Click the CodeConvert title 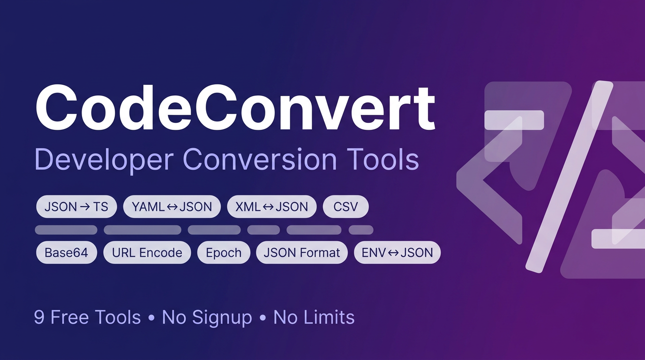(235, 109)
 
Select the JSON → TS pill (76, 207)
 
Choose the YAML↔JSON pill (172, 207)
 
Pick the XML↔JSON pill (271, 207)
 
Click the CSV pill (345, 207)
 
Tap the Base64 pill (66, 253)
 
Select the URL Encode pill (147, 253)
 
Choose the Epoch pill (224, 253)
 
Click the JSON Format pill (301, 253)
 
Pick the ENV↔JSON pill (397, 253)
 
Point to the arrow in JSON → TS (85, 207)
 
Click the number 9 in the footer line (39, 317)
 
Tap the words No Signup (207, 317)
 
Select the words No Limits (314, 317)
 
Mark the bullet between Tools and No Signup (151, 318)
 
